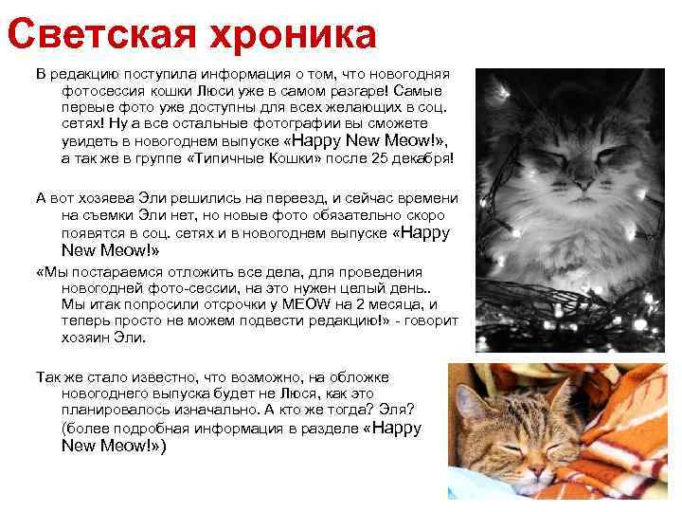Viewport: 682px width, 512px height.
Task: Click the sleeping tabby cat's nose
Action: [535, 467]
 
